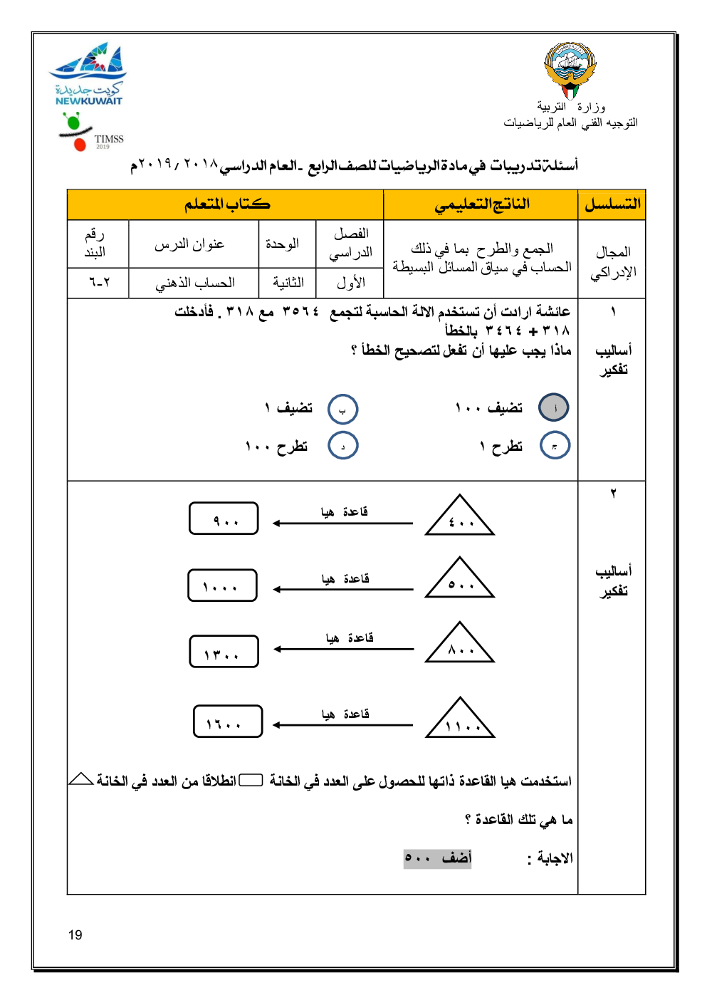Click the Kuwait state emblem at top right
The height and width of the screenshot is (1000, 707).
(x=569, y=70)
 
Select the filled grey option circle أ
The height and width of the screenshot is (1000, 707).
(x=554, y=408)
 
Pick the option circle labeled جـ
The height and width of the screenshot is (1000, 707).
(x=555, y=445)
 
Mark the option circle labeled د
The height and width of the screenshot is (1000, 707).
(x=342, y=446)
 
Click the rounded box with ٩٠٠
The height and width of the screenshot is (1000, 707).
(x=224, y=519)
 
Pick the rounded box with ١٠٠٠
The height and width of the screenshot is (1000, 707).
(x=222, y=585)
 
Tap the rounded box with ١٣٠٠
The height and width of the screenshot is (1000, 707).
(x=224, y=652)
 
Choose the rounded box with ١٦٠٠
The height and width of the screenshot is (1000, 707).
(x=228, y=722)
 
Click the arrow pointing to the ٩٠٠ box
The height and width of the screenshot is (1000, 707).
(x=342, y=524)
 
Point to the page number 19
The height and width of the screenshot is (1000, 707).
(x=75, y=935)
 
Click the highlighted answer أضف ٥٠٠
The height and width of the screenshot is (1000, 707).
(x=438, y=858)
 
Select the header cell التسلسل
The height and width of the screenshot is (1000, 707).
(x=612, y=205)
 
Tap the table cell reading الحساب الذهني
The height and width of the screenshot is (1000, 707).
(x=194, y=283)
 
